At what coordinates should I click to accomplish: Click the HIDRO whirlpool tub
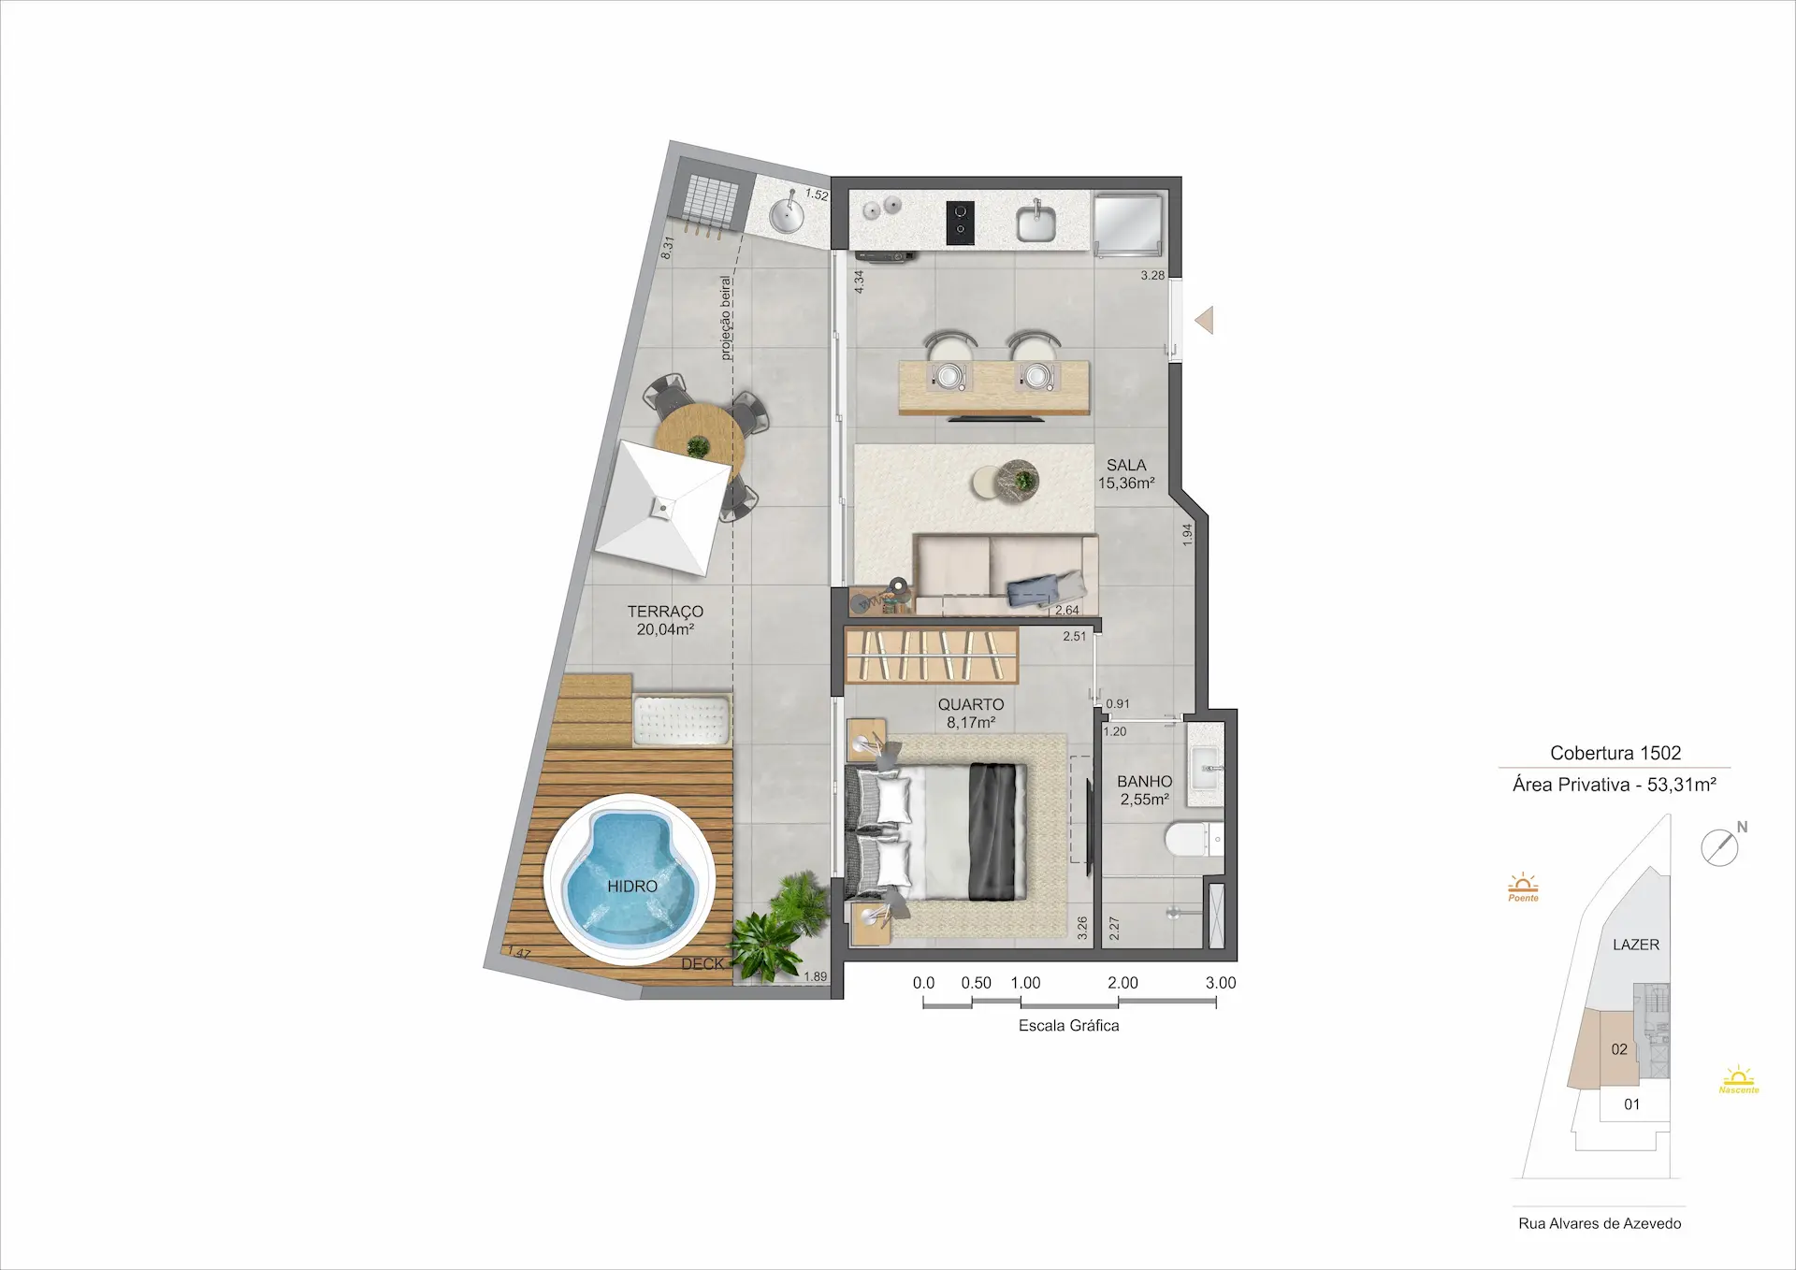point(630,879)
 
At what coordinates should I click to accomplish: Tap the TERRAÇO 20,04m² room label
point(665,620)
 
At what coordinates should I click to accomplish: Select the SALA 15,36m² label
point(1126,474)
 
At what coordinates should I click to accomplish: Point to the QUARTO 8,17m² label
point(971,714)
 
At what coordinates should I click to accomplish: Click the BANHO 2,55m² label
point(1144,790)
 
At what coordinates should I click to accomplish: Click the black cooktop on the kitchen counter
point(960,224)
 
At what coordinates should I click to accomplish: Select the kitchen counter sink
point(1036,222)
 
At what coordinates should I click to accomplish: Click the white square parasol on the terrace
point(663,509)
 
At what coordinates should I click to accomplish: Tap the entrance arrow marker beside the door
point(1205,321)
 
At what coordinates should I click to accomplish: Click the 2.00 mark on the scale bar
point(1122,983)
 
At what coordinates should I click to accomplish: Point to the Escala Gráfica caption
point(1068,1026)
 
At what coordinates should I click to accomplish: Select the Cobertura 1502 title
point(1615,753)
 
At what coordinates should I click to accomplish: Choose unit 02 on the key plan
point(1619,1049)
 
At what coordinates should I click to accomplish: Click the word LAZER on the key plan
point(1636,945)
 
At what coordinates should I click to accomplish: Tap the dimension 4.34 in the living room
point(859,282)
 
